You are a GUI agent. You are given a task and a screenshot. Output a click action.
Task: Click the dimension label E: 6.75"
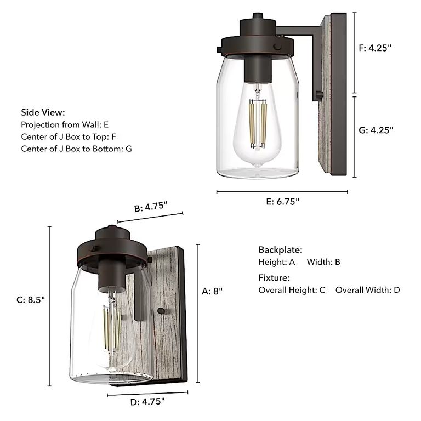[282, 201]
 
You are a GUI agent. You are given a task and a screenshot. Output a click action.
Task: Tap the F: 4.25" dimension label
[376, 48]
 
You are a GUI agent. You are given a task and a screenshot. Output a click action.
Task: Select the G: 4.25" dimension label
[376, 130]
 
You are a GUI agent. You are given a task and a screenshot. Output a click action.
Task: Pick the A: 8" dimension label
[212, 291]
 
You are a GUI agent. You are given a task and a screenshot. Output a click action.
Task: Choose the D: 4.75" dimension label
[147, 401]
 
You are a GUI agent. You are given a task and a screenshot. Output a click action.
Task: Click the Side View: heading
[43, 112]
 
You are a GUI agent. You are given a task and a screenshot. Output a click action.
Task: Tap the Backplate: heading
[280, 250]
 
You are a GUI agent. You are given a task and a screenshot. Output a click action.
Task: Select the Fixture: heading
[274, 278]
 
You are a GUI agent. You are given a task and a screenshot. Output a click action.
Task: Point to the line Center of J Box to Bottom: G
[77, 149]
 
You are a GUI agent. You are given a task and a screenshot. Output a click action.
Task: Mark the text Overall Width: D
[368, 289]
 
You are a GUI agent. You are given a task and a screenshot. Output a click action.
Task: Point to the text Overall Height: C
[292, 289]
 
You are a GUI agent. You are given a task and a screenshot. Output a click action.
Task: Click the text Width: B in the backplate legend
[323, 262]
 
